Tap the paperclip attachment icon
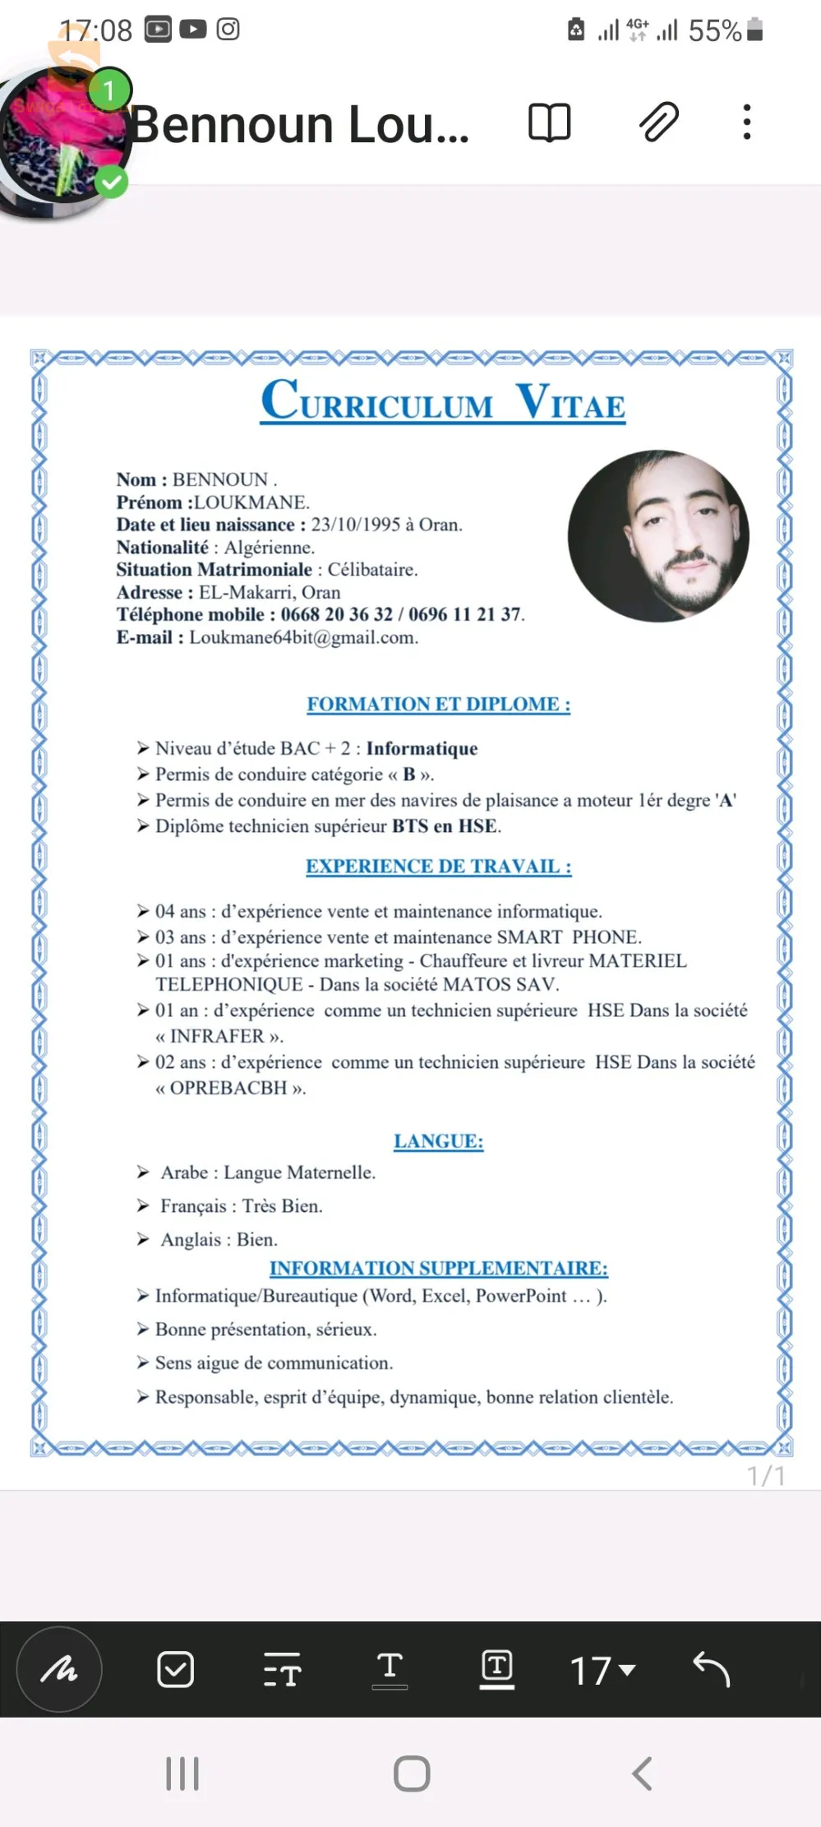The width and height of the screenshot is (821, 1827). click(x=658, y=123)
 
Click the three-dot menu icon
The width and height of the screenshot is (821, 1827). click(x=746, y=123)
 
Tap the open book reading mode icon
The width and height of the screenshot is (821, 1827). click(x=549, y=123)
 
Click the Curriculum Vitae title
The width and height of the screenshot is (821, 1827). click(x=443, y=401)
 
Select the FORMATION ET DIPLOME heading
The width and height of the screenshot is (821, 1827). click(x=438, y=705)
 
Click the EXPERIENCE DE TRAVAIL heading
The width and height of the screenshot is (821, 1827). click(x=438, y=867)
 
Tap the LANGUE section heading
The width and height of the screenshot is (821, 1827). click(x=438, y=1141)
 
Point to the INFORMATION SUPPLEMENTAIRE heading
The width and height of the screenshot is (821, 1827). click(x=438, y=1269)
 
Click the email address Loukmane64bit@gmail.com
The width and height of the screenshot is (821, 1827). click(x=303, y=638)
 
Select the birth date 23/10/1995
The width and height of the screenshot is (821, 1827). click(x=355, y=525)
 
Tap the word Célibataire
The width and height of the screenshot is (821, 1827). click(x=371, y=570)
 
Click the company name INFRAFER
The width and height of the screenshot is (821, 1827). click(x=218, y=1036)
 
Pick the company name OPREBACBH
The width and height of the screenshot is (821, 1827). click(x=228, y=1088)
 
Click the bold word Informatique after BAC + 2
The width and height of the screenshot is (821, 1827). click(x=422, y=748)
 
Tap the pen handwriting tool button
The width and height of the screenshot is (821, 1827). click(x=59, y=1669)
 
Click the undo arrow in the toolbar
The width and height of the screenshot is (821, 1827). click(x=711, y=1669)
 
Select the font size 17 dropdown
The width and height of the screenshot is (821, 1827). click(x=602, y=1670)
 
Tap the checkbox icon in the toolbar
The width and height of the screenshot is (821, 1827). click(x=175, y=1669)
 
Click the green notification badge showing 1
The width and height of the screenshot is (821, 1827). click(x=108, y=90)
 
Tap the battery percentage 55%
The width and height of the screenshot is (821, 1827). click(x=714, y=31)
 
